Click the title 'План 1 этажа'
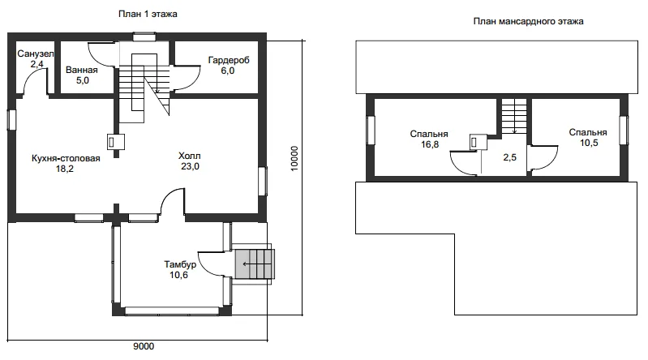(148, 14)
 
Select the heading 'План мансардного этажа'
(528, 22)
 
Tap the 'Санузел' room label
(36, 54)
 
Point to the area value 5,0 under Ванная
(82, 80)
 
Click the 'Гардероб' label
(229, 60)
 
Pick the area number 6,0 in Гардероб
(227, 71)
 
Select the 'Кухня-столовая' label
(66, 158)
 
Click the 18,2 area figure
(64, 169)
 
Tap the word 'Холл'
(189, 156)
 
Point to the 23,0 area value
(190, 166)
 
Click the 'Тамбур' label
(180, 264)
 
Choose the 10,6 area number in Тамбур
(178, 275)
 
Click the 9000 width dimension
(144, 346)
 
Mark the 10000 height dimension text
(294, 158)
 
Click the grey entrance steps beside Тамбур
(255, 264)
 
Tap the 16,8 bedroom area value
(430, 144)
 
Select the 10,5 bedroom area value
(589, 143)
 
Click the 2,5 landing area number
(509, 157)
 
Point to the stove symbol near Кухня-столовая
(116, 142)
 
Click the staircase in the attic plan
(514, 116)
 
